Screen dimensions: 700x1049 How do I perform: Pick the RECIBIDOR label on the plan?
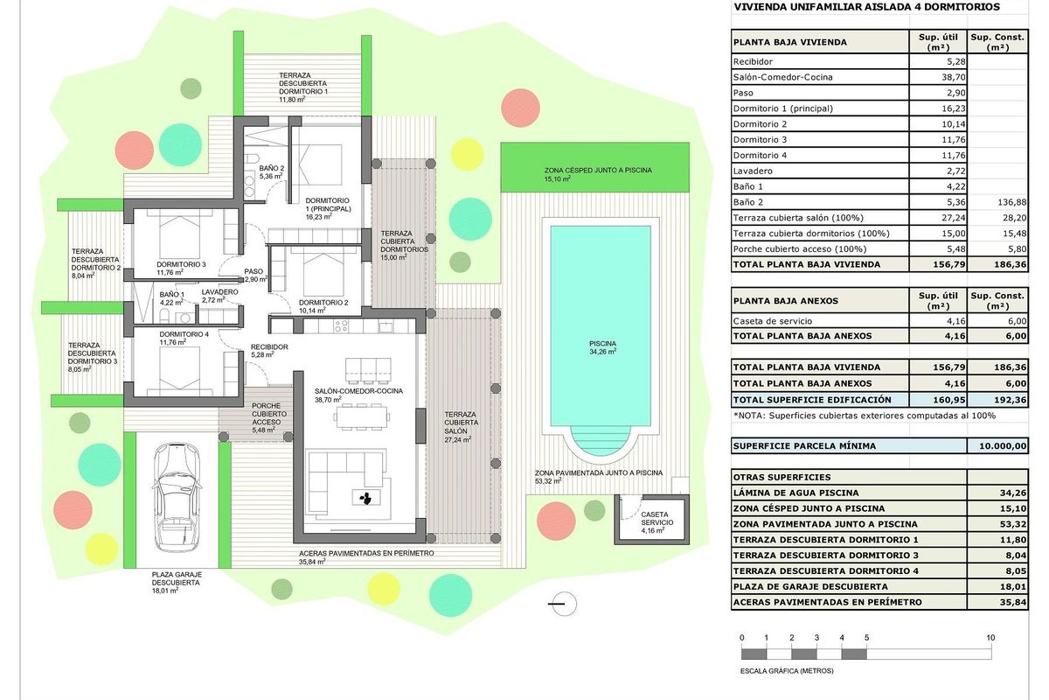coord(269,346)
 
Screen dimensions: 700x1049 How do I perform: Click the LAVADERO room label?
coord(219,291)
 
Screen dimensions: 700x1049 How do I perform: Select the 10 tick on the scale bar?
coord(990,638)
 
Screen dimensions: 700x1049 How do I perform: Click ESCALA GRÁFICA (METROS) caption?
coord(787,671)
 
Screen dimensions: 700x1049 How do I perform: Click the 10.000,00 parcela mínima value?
coord(997,446)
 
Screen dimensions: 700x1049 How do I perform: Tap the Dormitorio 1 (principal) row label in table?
coord(783,108)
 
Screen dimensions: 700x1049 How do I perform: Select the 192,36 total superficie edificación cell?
coord(997,399)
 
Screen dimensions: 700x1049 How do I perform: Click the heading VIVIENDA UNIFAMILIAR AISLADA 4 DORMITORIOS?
coord(866,7)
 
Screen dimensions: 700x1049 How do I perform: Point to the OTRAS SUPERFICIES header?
coord(782,478)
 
